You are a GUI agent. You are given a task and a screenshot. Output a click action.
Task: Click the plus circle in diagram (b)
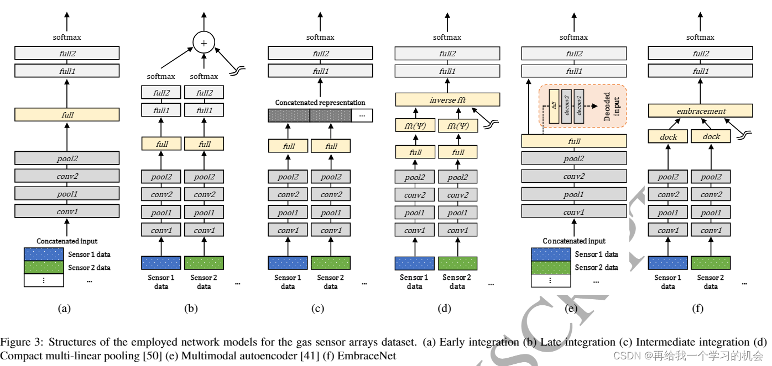[204, 42]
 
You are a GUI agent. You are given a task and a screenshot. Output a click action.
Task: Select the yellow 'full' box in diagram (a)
[67, 115]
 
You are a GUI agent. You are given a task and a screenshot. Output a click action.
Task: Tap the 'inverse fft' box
[447, 99]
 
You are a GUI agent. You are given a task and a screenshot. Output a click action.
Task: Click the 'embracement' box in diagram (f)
[700, 110]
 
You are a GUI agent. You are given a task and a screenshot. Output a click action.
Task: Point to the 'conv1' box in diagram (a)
[67, 211]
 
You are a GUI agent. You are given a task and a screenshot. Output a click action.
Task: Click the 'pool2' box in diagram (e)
[573, 158]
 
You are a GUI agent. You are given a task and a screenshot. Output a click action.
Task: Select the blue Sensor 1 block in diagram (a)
[44, 254]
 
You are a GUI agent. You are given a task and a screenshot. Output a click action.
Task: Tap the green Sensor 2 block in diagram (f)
[711, 263]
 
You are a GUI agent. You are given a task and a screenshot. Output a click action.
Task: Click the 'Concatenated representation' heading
[320, 103]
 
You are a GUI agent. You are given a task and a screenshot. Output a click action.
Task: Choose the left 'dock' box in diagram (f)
[669, 136]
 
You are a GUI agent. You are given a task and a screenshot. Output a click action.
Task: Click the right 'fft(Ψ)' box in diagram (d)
[457, 125]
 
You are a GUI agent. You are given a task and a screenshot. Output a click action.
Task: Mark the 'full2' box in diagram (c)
[320, 54]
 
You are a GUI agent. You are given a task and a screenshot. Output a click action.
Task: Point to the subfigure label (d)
[445, 309]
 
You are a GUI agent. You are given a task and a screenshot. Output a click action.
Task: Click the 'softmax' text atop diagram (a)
[67, 37]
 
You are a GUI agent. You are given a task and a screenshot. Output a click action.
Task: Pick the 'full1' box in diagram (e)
[573, 71]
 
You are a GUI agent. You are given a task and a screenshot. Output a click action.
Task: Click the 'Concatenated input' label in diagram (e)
[573, 241]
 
